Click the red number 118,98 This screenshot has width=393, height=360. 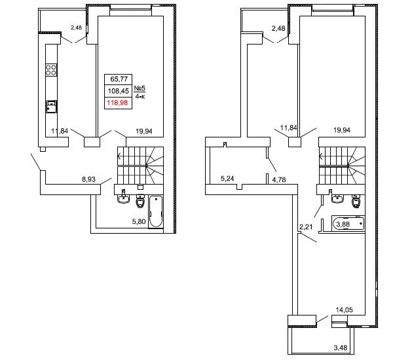pos(117,103)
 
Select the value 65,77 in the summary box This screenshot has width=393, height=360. pos(119,79)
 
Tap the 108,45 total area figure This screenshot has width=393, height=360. pos(119,91)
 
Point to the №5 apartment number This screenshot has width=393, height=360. pos(140,88)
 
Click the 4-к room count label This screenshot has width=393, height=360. pos(140,96)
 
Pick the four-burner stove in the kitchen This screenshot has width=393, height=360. pos(51,70)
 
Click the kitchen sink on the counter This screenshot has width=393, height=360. pos(51,107)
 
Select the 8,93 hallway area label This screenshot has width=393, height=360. pos(88,179)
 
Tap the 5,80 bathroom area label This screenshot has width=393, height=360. pos(139,221)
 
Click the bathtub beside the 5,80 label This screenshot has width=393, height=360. pos(156,211)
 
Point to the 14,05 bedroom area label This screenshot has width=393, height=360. pos(344,310)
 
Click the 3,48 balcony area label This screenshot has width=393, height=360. pos(341,348)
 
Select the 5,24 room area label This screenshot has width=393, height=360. pos(227,179)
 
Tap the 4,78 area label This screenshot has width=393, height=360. pos(279,179)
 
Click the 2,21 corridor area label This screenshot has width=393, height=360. pos(306,227)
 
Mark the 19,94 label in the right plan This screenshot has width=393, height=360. pos(342,130)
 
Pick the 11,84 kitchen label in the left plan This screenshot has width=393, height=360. pos(60,131)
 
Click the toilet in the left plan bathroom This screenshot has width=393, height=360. pos(140,201)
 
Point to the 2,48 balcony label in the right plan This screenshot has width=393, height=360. pos(278,28)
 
